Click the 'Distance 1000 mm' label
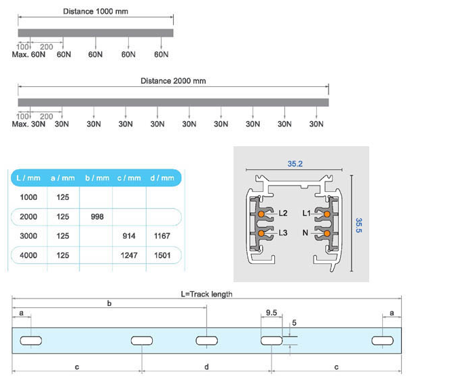(x=95, y=12)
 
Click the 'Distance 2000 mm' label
(x=173, y=81)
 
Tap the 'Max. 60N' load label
(x=29, y=54)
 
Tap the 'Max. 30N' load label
(x=29, y=124)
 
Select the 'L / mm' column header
(x=28, y=178)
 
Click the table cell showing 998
(x=96, y=217)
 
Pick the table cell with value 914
(x=129, y=236)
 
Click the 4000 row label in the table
(x=28, y=256)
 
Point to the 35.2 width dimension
(x=295, y=164)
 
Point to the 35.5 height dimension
(x=360, y=225)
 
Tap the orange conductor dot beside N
(x=327, y=233)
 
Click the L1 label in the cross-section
(x=306, y=214)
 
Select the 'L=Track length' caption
(x=206, y=294)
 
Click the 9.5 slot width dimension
(x=271, y=313)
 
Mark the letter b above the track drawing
(x=109, y=303)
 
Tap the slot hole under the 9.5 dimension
(x=271, y=340)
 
